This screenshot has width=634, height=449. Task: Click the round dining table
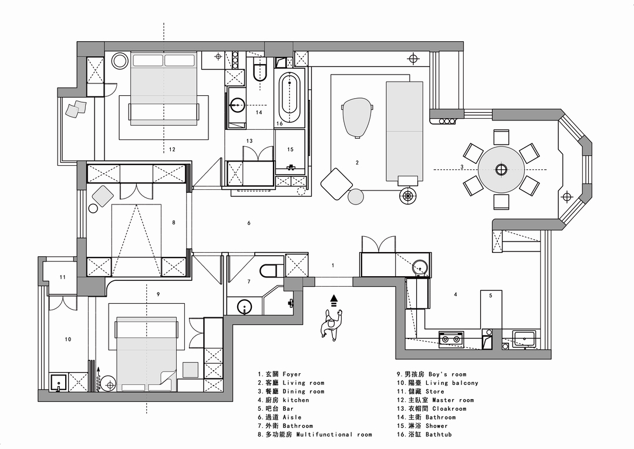click(x=501, y=169)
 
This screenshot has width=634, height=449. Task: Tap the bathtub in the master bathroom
click(x=289, y=98)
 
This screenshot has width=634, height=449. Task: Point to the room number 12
click(x=172, y=149)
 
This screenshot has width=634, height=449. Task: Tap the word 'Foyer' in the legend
click(x=292, y=374)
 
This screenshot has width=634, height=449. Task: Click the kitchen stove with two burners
click(x=451, y=339)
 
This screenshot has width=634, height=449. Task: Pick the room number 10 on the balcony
click(x=68, y=339)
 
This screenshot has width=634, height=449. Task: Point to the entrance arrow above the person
click(x=333, y=300)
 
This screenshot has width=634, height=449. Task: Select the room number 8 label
click(x=174, y=222)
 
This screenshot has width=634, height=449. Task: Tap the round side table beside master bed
click(x=120, y=61)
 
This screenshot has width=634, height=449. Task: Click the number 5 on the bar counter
click(x=490, y=296)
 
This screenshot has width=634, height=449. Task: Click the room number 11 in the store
click(x=62, y=277)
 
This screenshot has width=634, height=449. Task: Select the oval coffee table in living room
click(x=357, y=117)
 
